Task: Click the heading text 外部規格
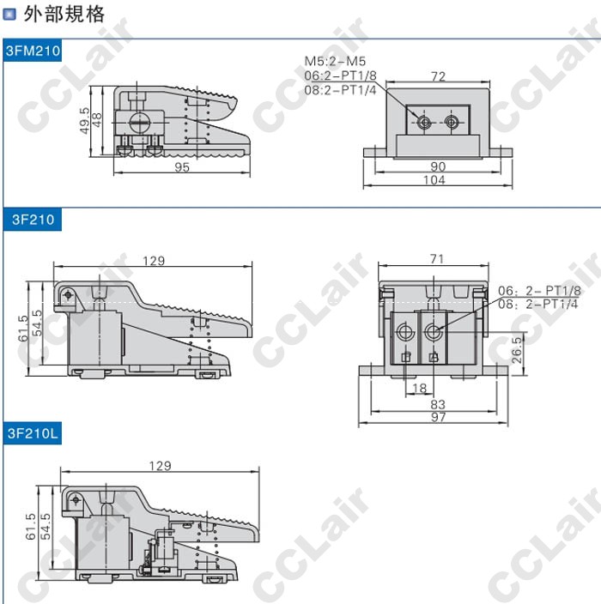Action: point(65,14)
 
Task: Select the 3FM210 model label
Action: point(33,51)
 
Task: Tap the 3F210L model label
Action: point(33,434)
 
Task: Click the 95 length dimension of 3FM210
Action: point(182,167)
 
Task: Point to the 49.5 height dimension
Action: point(84,118)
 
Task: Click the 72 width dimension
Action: point(438,76)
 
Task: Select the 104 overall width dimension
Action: point(435,180)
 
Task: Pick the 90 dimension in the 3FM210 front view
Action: point(438,166)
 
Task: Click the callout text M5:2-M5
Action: point(335,61)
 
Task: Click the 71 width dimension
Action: point(437,258)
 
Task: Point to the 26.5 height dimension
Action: point(517,350)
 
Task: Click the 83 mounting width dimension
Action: point(438,403)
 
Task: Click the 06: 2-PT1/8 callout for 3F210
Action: point(539,291)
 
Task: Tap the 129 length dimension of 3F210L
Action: point(160,466)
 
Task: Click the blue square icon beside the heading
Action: point(9,15)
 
